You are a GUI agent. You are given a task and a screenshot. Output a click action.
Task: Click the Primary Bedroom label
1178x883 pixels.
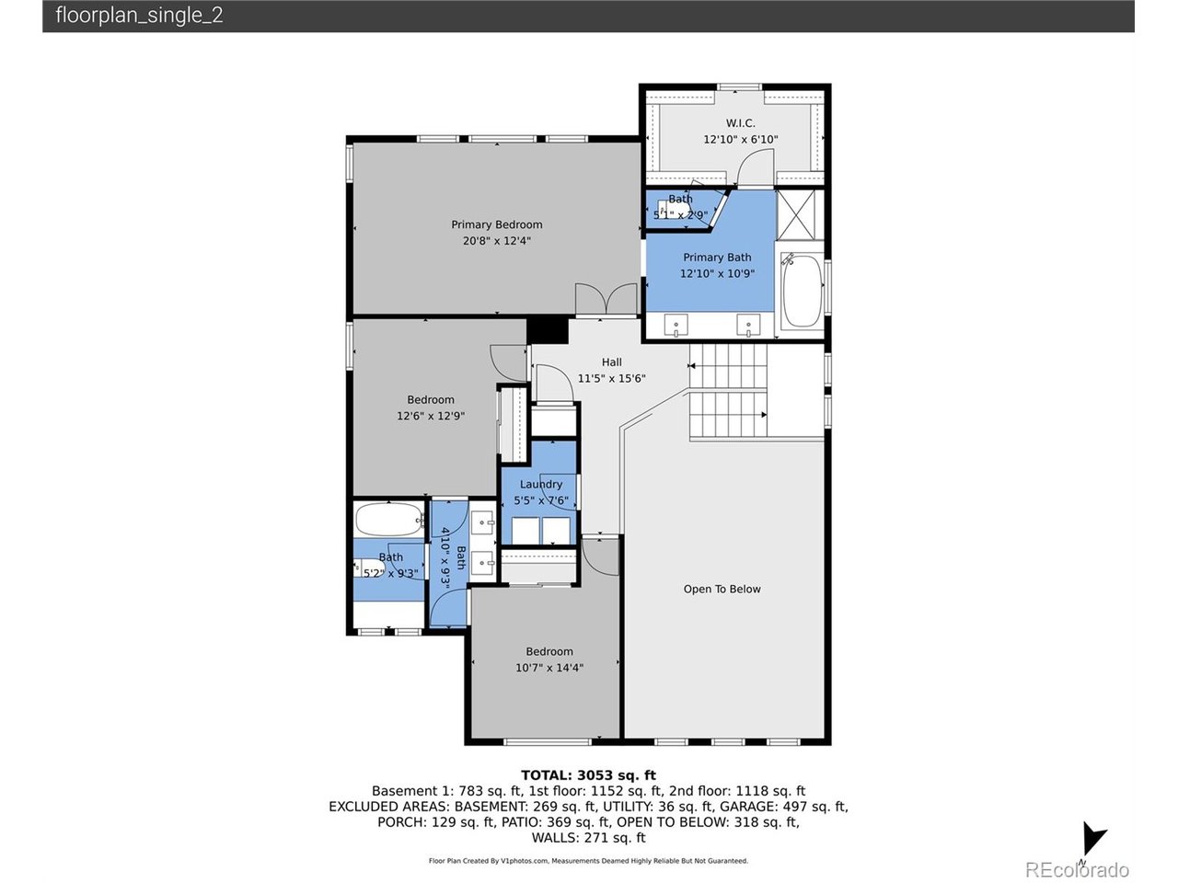point(496,224)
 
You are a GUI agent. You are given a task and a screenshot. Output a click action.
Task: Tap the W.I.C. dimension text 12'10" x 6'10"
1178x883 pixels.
point(740,140)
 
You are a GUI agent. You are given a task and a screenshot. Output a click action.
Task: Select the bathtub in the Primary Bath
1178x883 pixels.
point(802,291)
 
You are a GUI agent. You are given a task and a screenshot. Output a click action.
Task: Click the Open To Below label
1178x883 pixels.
point(722,590)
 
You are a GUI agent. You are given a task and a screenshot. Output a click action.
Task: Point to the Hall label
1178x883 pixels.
point(611,362)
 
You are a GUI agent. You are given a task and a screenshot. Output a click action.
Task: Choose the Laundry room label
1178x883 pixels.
point(540,485)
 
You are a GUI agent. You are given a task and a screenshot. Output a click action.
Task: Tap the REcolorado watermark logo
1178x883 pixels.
point(1076,869)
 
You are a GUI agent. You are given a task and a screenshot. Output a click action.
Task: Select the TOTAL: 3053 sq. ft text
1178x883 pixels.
point(588,775)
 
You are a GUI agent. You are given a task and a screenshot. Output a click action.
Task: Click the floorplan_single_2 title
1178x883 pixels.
point(139,16)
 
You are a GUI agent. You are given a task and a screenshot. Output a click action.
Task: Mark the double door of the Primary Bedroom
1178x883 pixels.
point(606,300)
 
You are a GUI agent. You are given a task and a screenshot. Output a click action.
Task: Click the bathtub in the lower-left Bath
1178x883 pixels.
point(388,520)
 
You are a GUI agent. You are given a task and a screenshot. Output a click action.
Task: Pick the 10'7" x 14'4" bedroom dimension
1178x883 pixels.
point(549,668)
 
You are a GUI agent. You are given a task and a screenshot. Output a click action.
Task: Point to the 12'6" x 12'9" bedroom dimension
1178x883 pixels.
point(431,416)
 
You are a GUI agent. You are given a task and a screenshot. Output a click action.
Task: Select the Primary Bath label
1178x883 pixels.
point(717,258)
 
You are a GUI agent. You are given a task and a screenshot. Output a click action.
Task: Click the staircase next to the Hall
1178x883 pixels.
point(728,391)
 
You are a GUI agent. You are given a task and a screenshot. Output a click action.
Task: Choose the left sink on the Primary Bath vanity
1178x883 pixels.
point(676,325)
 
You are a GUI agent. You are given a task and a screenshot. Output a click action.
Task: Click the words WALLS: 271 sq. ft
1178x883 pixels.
point(588,838)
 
